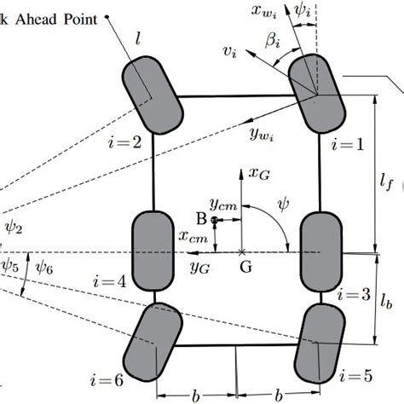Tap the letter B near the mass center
click(x=202, y=219)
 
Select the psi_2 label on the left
click(x=13, y=228)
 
